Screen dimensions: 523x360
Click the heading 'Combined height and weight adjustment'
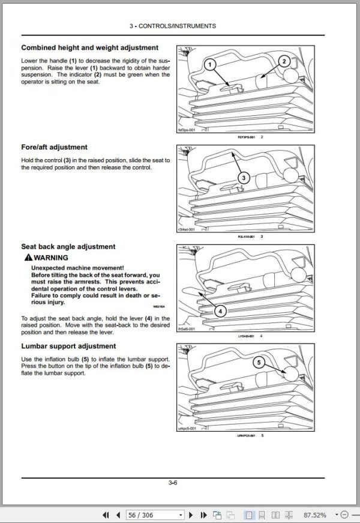[x=89, y=47]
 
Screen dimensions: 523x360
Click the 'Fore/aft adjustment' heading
[x=54, y=147]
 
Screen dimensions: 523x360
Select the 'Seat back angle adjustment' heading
[x=68, y=247]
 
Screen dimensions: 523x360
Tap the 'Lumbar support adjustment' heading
[x=68, y=346]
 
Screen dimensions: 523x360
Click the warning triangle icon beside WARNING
[x=28, y=257]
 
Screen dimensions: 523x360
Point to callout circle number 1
[x=210, y=64]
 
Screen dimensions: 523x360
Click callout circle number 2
[x=285, y=60]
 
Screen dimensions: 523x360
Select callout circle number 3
[x=243, y=177]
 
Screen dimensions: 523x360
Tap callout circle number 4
[x=220, y=311]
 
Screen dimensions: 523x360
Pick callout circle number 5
[x=259, y=363]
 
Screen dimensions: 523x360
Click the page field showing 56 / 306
[x=155, y=515]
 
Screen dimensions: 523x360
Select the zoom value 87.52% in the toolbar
[x=315, y=515]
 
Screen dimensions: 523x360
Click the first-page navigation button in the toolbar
[x=106, y=515]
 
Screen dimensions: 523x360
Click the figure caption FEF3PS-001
[x=247, y=137]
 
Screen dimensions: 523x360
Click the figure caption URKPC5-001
[x=247, y=435]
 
